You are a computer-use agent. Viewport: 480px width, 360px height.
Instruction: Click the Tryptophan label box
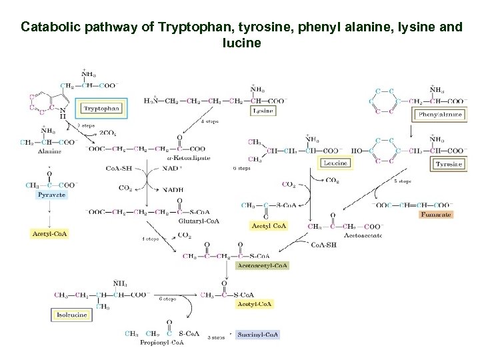point(101,108)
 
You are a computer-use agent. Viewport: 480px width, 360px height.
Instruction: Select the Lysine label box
point(263,111)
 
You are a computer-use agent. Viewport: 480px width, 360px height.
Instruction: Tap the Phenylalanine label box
point(440,114)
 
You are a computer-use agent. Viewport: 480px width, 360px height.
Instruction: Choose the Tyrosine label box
point(448,164)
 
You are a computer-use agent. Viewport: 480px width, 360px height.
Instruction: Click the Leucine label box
point(334,163)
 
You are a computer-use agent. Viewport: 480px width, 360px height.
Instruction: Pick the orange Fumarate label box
point(435,214)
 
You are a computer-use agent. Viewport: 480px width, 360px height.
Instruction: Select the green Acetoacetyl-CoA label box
point(263,265)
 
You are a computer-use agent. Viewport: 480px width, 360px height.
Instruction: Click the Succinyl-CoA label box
point(258,335)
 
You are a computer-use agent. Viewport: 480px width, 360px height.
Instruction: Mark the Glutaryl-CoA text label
point(199,221)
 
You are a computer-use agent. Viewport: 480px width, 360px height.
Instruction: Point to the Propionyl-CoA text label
point(162,343)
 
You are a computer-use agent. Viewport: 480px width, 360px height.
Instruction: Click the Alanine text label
point(49,151)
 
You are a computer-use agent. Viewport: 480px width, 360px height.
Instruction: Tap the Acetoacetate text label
point(363,235)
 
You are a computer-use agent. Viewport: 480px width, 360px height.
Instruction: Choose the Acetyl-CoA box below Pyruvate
point(50,234)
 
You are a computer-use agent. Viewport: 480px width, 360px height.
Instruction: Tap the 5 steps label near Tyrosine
point(402,181)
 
